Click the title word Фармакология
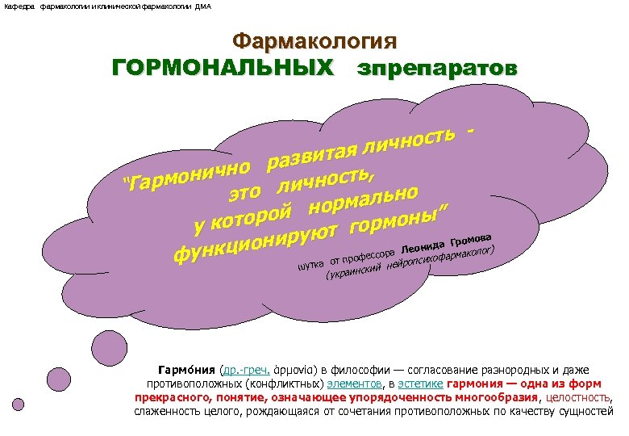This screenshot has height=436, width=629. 314,41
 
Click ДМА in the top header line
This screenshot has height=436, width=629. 202,6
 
